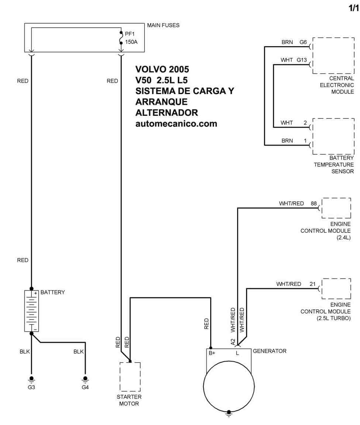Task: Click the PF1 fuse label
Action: [129, 34]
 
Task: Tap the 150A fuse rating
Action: [131, 42]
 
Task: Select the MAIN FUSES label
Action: [163, 25]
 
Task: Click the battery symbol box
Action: [31, 311]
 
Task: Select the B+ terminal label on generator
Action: [212, 353]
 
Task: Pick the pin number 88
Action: [314, 203]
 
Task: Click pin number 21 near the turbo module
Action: [312, 284]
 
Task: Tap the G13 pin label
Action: [302, 60]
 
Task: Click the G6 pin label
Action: [303, 42]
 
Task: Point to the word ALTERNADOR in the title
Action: [167, 113]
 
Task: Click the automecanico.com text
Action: [176, 124]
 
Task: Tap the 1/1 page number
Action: [353, 8]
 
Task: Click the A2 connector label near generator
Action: [233, 342]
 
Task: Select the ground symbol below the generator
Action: [229, 414]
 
